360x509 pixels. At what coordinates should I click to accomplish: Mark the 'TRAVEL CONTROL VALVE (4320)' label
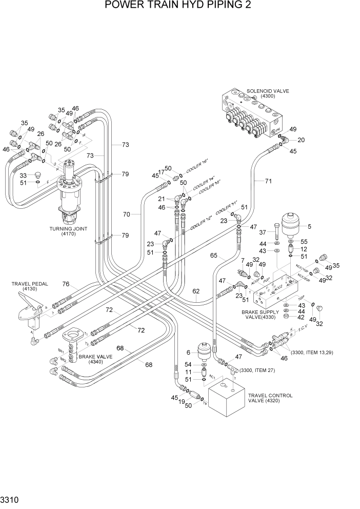tap(270, 399)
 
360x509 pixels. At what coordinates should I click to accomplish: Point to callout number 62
tap(196, 291)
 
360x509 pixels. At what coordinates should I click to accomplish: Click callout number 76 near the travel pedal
tap(66, 284)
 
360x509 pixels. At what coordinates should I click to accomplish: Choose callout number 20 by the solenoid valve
tap(302, 140)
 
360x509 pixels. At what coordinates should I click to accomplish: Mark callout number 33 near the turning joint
tap(24, 175)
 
